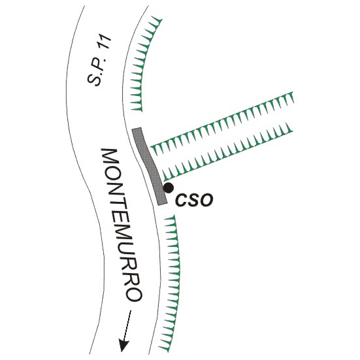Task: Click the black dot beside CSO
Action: [x=169, y=188]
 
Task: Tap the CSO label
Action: [x=194, y=200]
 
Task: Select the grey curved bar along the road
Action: [x=149, y=166]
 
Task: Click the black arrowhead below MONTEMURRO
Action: [x=123, y=346]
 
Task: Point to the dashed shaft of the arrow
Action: [x=127, y=325]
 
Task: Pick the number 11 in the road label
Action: [x=106, y=42]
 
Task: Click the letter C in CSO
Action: [x=182, y=200]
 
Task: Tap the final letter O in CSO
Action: [x=206, y=200]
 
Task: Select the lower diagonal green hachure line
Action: [x=227, y=152]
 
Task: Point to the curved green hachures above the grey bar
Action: [x=143, y=65]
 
